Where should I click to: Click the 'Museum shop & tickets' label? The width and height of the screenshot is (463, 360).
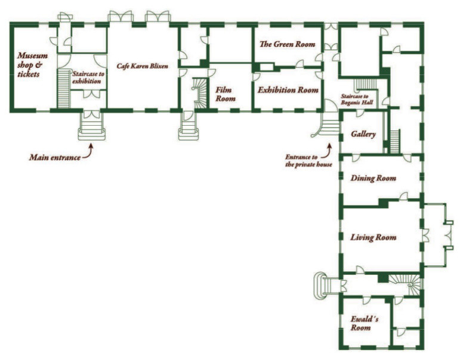32,65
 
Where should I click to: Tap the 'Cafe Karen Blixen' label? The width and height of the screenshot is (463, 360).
142,66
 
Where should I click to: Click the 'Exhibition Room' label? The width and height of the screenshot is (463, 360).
288,91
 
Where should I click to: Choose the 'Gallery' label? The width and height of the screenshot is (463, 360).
363,134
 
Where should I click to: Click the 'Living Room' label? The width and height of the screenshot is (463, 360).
374,237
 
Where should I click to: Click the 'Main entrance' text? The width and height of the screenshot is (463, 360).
54,158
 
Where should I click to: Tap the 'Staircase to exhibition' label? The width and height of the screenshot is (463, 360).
87,77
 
